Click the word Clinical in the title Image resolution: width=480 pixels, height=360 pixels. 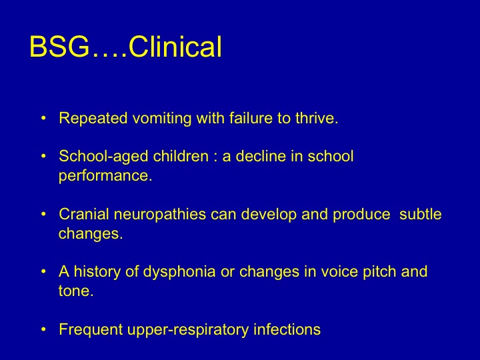[175, 47]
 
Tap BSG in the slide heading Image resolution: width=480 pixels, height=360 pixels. [59, 47]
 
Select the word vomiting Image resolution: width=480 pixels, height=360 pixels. [162, 119]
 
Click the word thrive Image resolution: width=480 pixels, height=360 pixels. [317, 118]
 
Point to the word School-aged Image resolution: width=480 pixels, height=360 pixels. [103, 157]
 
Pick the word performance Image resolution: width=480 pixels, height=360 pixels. [105, 176]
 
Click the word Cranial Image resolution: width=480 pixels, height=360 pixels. [84, 214]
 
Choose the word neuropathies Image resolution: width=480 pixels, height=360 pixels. [160, 215]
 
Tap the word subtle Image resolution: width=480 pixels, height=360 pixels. [420, 214]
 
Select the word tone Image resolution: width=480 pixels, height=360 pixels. [76, 291]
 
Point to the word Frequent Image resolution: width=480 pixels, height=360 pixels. [91, 330]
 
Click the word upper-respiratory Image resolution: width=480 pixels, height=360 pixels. [188, 330]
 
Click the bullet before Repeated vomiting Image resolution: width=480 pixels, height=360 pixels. [43, 118]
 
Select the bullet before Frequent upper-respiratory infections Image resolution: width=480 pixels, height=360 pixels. [43, 329]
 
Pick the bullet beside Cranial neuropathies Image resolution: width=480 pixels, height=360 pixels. [43, 214]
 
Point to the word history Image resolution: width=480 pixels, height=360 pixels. [97, 272]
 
